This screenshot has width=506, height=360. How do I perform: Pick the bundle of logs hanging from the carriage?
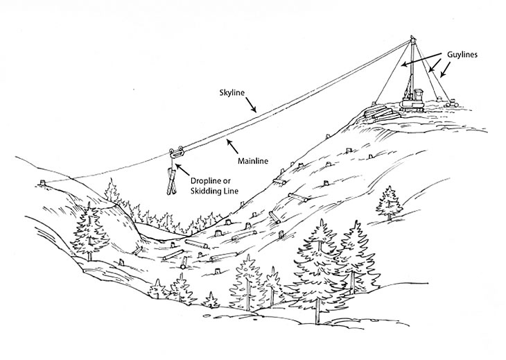pos(171,179)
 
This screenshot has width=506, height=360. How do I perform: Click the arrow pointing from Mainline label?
pos(231,142)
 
